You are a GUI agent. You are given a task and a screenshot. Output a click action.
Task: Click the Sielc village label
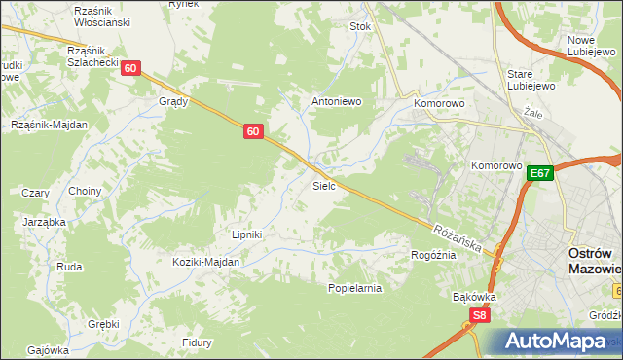[x=324, y=185]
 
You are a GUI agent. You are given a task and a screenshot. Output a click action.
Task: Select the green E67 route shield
[x=541, y=173]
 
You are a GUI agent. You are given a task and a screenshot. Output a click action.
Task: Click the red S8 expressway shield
[x=479, y=315]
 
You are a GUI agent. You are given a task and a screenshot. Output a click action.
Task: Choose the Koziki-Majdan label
[x=205, y=262]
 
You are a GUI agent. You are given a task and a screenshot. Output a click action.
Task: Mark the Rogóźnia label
[x=433, y=254]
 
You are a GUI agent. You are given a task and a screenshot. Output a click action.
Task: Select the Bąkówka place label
[x=475, y=297]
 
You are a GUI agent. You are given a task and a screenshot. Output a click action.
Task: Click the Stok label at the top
[x=360, y=27]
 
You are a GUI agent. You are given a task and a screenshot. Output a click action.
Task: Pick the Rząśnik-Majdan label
[x=49, y=125]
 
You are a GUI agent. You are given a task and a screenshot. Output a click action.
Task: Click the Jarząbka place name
[x=44, y=222]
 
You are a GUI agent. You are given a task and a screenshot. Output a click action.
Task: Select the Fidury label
[x=198, y=342]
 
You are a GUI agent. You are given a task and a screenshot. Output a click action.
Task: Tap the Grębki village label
[x=102, y=324]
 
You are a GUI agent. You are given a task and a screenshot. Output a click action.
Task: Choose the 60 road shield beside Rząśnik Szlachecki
[x=132, y=68]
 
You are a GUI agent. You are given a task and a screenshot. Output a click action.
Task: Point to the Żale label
[x=532, y=113]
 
